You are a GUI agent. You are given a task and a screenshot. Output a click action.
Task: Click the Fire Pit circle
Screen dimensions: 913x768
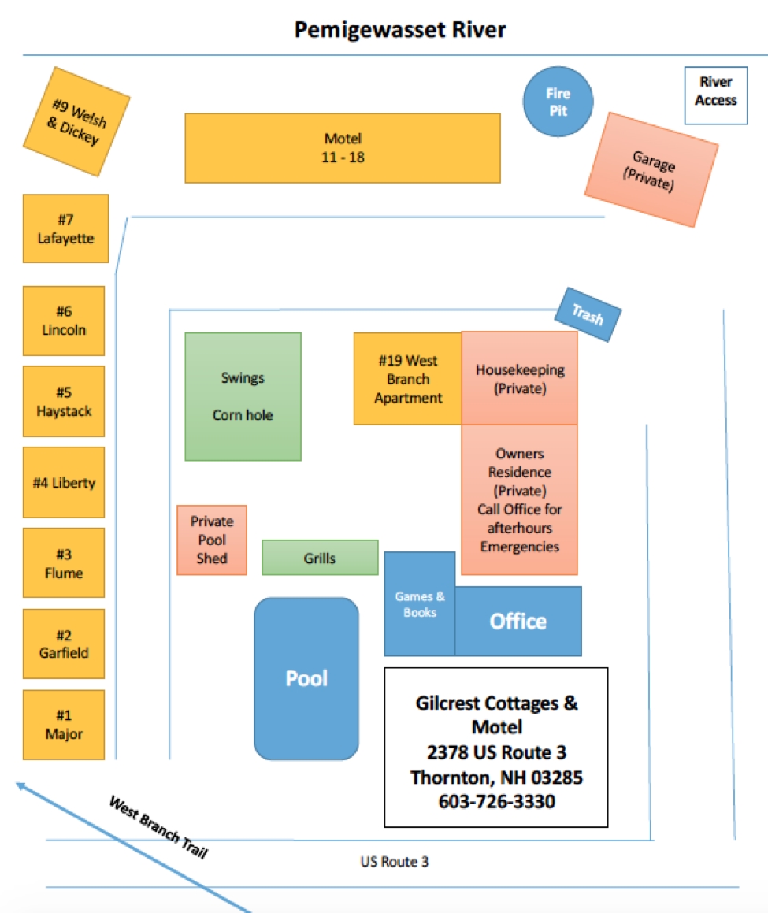tap(558, 102)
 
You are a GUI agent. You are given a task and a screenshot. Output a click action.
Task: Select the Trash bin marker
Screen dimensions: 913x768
tap(588, 315)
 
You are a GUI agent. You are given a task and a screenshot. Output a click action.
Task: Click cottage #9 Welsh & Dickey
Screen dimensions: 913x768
tap(76, 122)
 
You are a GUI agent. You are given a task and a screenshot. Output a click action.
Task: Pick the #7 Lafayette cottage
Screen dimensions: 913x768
tap(65, 228)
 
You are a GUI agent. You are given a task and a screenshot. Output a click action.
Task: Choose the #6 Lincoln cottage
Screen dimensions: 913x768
tap(64, 321)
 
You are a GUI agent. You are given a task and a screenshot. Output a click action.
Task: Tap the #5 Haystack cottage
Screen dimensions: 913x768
tap(64, 402)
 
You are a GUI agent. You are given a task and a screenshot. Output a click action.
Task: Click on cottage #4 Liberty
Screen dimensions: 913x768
tap(64, 482)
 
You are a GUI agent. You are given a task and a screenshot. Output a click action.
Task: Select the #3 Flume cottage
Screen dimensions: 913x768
tap(64, 563)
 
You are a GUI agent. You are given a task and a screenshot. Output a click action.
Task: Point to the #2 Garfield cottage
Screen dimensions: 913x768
tap(64, 644)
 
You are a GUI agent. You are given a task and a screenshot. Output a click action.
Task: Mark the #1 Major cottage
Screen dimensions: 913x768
tap(64, 725)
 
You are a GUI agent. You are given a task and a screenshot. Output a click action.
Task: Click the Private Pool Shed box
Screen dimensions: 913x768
tap(212, 540)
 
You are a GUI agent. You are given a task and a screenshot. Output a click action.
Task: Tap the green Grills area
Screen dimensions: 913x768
tap(320, 558)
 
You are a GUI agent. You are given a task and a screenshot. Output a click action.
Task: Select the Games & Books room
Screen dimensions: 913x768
tap(419, 604)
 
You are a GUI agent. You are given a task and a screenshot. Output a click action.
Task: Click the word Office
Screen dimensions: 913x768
tap(518, 622)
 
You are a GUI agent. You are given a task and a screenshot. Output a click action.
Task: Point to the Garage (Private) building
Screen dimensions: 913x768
tap(651, 170)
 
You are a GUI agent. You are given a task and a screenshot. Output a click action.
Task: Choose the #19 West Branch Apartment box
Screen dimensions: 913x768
tap(407, 379)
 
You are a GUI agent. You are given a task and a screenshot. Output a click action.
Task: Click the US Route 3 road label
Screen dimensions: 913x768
tap(394, 862)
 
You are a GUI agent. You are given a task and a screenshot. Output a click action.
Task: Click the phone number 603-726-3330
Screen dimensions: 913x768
tap(496, 802)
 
